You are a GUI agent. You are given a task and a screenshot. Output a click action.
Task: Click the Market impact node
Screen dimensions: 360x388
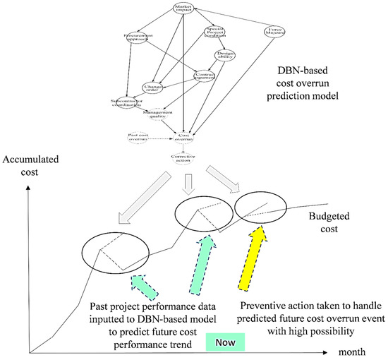coord(183,10)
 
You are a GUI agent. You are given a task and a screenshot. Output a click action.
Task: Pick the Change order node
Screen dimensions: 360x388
coord(154,87)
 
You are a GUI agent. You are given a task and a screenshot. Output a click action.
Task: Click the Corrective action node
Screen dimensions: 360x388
coord(183,158)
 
